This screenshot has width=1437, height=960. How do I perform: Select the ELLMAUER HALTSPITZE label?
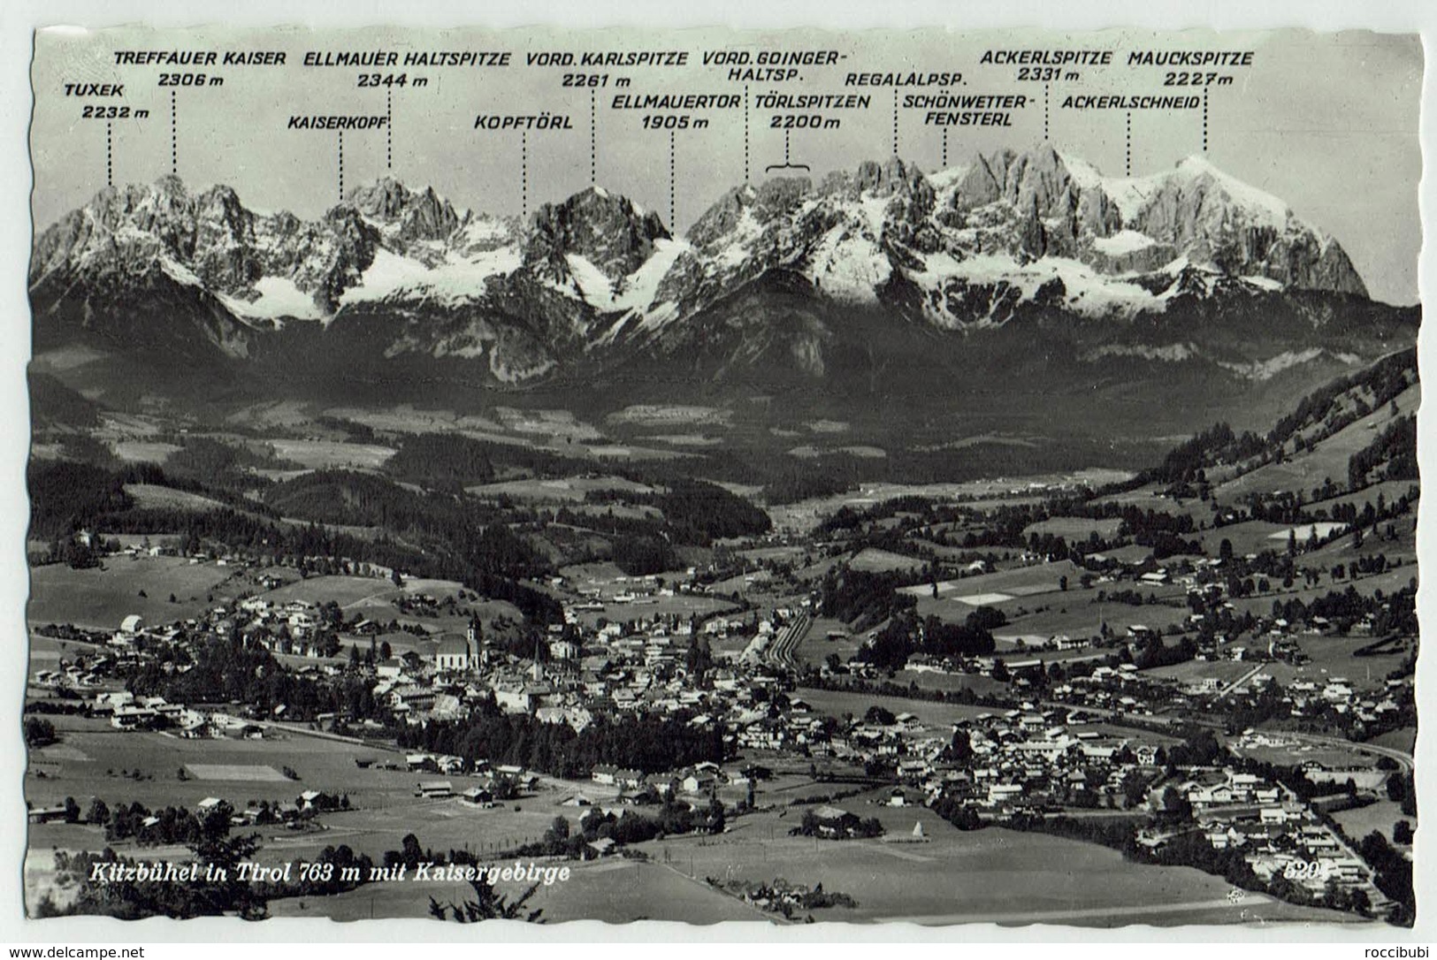point(407,59)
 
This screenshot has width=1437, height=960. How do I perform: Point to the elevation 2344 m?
point(393,80)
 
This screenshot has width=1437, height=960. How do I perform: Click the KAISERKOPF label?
point(338,122)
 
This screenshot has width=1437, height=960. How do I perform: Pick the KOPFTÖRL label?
point(524,122)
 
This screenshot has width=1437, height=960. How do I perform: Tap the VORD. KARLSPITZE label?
point(607,59)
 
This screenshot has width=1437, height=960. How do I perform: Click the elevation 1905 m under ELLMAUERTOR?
point(675,122)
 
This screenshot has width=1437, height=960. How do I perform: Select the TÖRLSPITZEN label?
point(813,101)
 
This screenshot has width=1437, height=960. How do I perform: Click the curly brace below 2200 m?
point(787,165)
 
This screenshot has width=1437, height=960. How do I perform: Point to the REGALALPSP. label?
point(906,79)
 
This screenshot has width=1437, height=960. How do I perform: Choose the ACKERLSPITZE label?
point(1045,57)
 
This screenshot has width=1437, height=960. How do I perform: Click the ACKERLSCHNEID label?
point(1131,102)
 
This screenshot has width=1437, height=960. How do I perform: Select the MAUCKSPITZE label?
point(1190,58)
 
